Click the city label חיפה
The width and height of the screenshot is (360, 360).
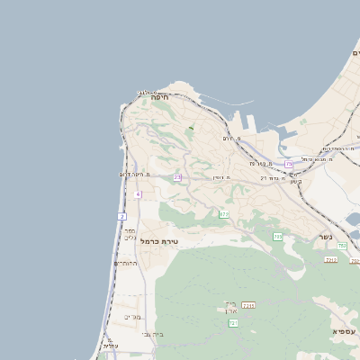point(160,97)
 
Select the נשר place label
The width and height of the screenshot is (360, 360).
point(325,237)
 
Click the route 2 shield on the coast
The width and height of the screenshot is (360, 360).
point(121,216)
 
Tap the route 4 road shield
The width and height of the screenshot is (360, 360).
point(138,194)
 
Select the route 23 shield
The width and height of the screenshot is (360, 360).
point(177,177)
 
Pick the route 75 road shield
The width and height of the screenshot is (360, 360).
point(289,165)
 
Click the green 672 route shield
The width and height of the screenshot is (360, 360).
point(223,213)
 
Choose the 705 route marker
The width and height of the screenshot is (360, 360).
point(278,236)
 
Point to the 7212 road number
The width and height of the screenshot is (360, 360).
point(331,259)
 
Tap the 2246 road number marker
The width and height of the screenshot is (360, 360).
point(249,306)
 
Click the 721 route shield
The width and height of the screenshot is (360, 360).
point(234,321)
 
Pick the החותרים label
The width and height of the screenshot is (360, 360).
point(126,264)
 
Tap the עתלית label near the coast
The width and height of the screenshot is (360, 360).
point(110,346)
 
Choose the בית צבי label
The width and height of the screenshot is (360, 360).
point(145,334)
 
